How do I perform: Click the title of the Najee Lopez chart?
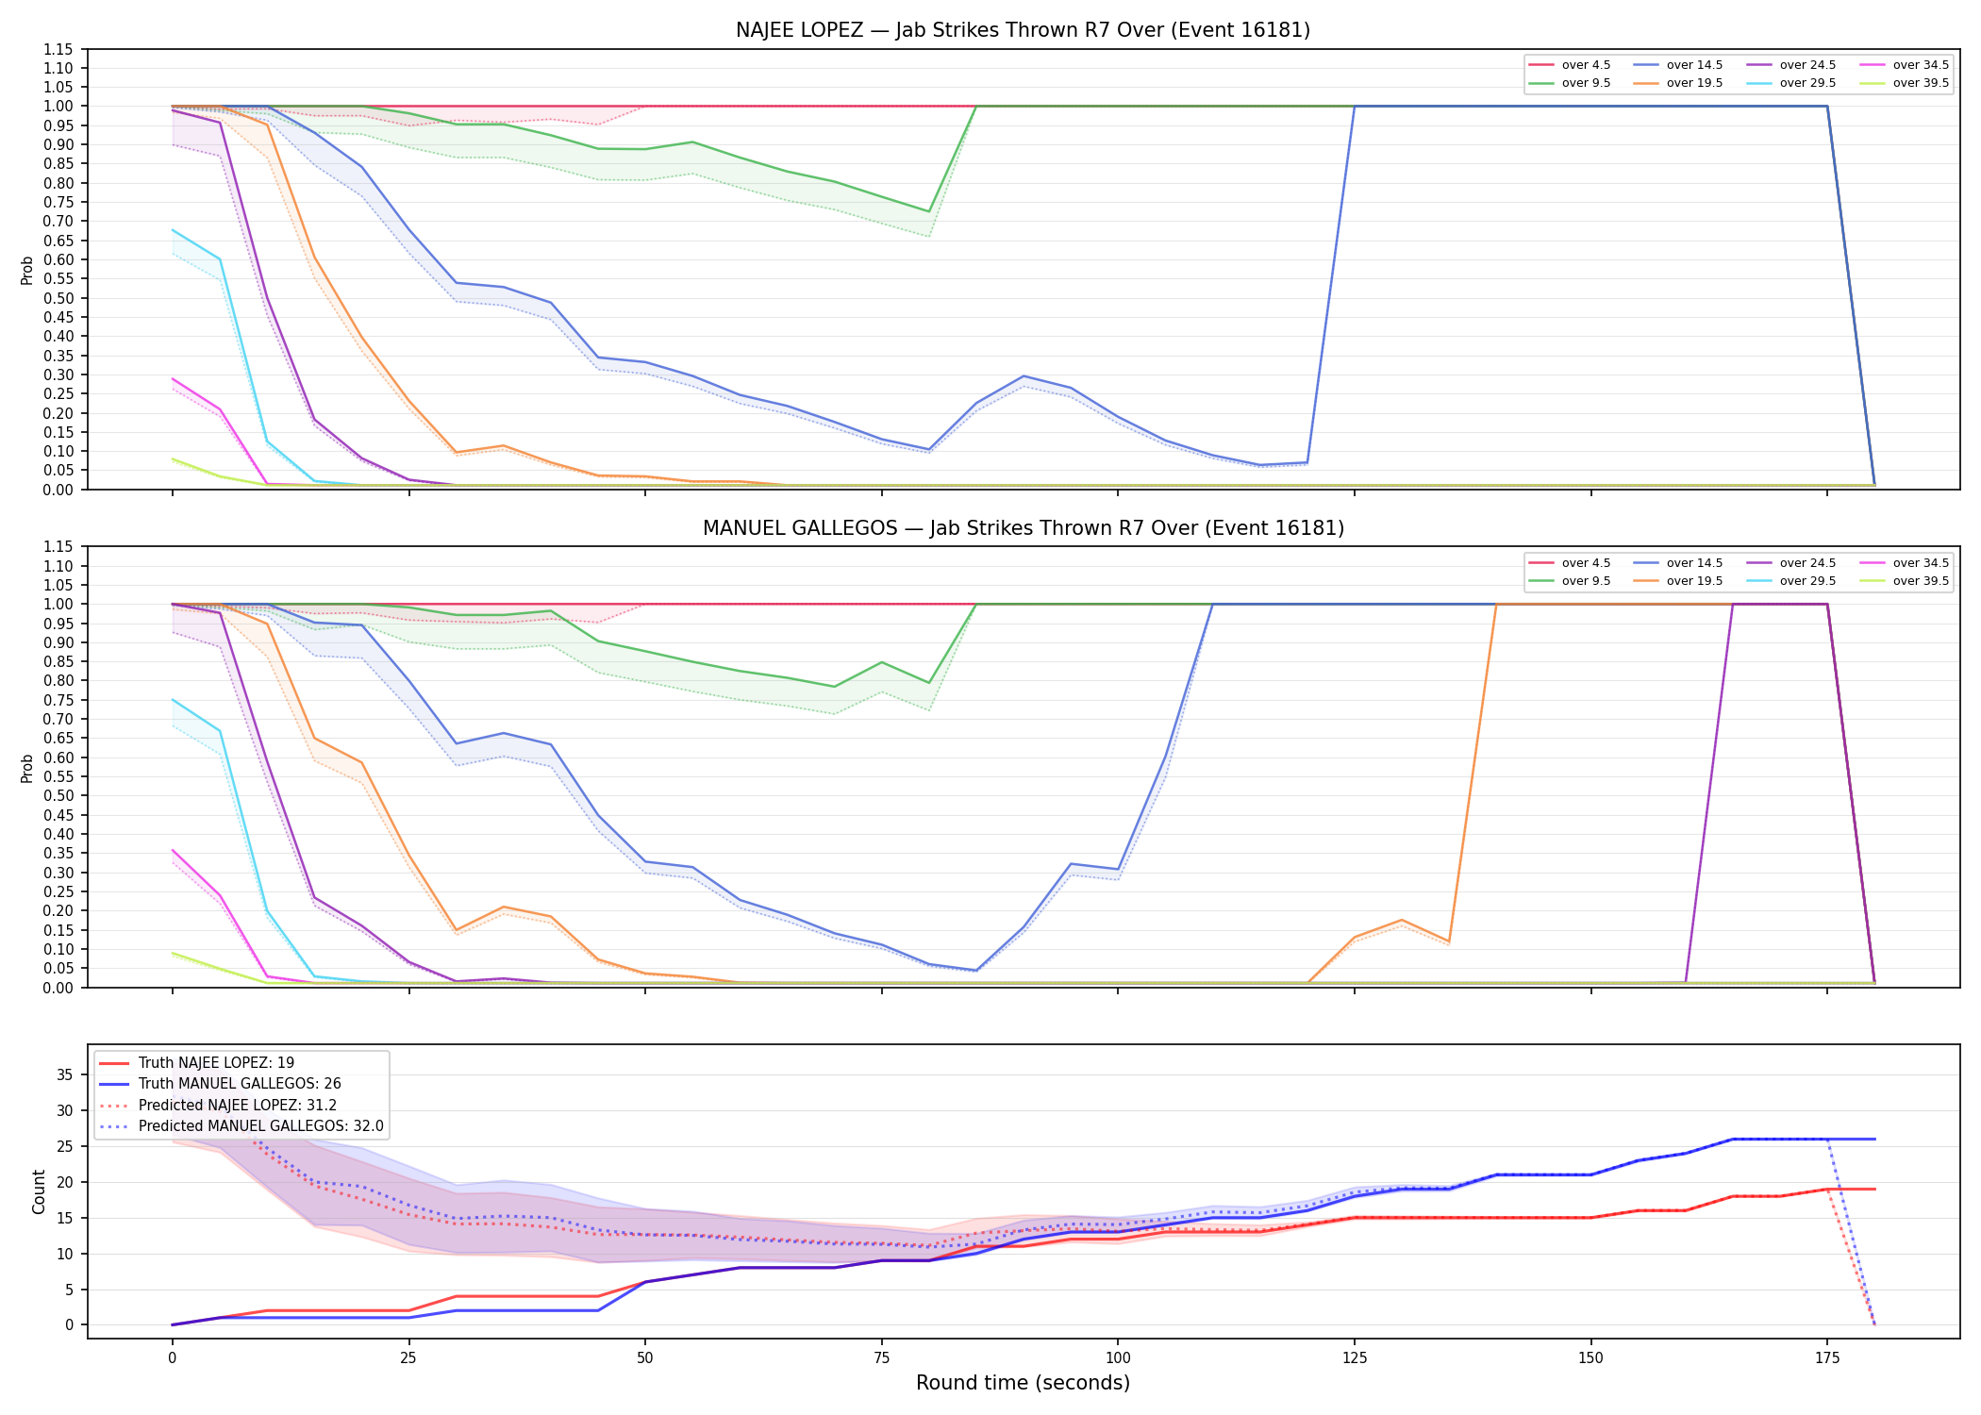pos(1023,30)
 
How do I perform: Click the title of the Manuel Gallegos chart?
pos(1023,528)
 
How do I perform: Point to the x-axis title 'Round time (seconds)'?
pos(1023,1383)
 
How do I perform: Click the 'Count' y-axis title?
pos(39,1191)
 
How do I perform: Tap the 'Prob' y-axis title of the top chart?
pos(27,270)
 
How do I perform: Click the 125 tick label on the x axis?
pos(1354,1358)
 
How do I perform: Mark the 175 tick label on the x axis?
pos(1827,1358)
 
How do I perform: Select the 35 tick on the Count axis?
pos(66,1074)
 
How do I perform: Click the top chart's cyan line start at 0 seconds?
pos(172,230)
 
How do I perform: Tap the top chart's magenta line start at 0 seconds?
pos(172,379)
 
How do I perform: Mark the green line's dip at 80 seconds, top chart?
pos(929,211)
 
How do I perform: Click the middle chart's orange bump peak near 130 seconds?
pos(1402,920)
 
